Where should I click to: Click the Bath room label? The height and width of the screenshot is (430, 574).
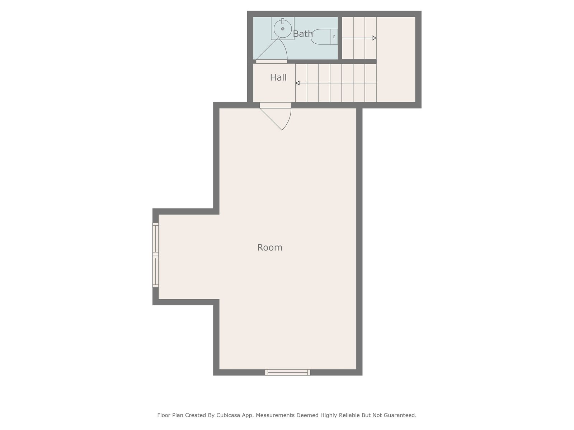pos(302,34)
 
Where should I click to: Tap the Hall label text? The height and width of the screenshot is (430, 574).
pos(278,77)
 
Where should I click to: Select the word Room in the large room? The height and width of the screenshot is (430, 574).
pos(270,248)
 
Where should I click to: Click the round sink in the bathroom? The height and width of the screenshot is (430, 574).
pos(283,29)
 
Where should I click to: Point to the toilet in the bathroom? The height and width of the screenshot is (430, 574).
pos(324,37)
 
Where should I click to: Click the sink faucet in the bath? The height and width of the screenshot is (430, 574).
pos(283,21)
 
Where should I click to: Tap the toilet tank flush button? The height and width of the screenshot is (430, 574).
pos(334,37)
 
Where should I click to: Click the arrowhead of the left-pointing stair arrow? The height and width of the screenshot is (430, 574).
pos(298,83)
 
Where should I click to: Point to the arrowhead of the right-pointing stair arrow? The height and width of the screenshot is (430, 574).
pos(374,38)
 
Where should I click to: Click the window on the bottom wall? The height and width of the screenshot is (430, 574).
pos(288,372)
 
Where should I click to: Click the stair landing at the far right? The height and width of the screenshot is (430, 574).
pos(396,59)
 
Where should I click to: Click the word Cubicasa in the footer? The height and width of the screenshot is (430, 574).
pos(228,415)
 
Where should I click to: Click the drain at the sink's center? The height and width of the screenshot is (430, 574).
pos(283,29)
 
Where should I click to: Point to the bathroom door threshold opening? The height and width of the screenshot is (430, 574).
pos(272,62)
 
